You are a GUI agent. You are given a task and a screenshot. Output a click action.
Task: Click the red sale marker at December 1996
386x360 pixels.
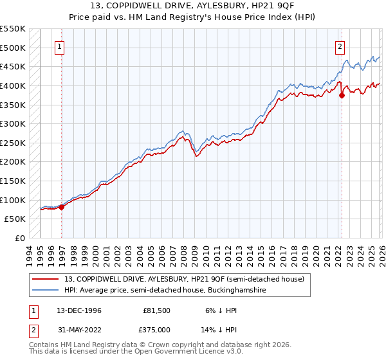pos(62,207)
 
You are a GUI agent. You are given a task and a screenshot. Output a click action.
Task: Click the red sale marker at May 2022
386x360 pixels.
pos(342,95)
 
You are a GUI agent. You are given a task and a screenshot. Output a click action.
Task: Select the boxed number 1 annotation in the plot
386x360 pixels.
pos(59,46)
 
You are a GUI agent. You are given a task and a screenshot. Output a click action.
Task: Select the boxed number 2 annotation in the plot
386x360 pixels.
pos(339,46)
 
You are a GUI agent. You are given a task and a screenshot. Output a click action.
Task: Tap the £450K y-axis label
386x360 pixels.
pos(13,66)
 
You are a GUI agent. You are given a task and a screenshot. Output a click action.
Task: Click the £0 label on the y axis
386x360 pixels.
pos(19,238)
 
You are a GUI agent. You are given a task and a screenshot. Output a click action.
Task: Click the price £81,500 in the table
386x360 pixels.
pos(157,310)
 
